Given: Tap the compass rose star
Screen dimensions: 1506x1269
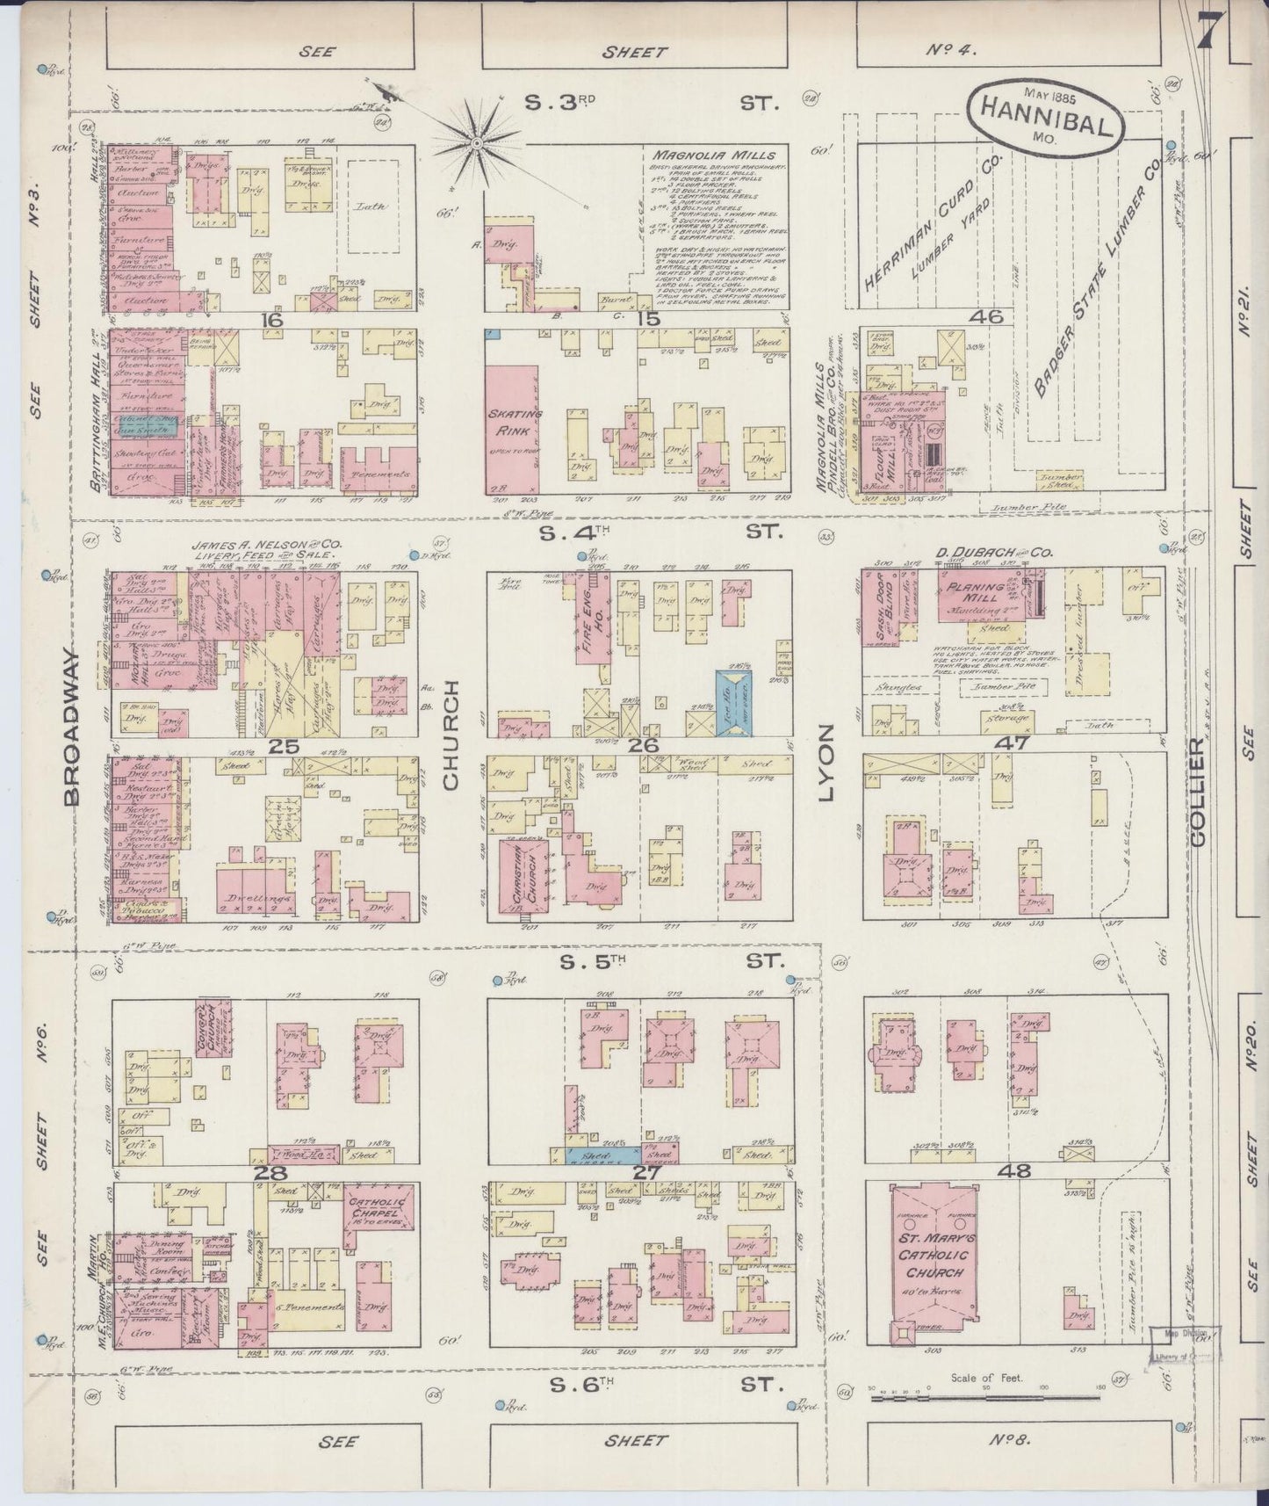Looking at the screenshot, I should [x=477, y=141].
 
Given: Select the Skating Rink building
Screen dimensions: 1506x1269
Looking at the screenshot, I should [x=511, y=422].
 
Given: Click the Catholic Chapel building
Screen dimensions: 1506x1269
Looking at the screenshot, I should [x=375, y=1220].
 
